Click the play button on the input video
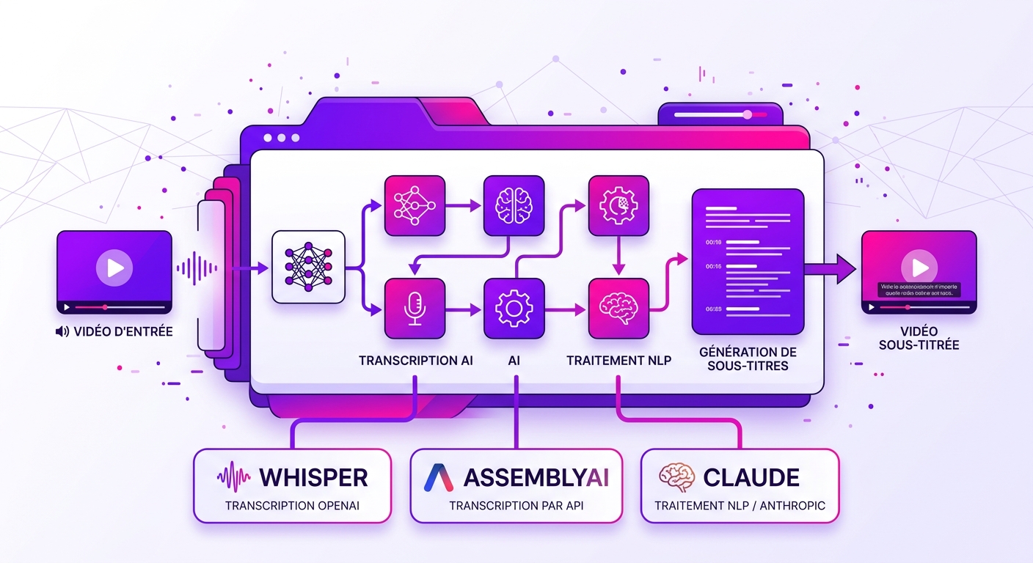point(114,268)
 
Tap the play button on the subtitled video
point(919,265)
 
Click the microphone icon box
point(415,308)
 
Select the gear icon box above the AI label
point(514,308)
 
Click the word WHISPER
point(313,478)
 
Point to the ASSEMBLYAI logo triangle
point(439,478)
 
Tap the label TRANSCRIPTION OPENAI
point(292,506)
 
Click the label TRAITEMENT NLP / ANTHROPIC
point(740,506)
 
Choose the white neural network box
point(308,267)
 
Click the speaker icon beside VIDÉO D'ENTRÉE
point(62,331)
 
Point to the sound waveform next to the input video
point(196,269)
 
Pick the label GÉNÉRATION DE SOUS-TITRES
point(748,358)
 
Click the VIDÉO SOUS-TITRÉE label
point(919,338)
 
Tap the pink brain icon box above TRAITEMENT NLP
point(618,308)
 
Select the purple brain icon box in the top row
point(514,205)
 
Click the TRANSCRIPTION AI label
point(416,361)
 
